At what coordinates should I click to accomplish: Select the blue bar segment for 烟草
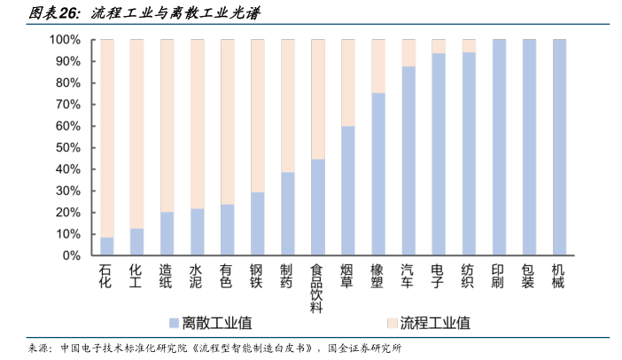coord(348,191)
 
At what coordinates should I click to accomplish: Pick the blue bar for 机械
coord(559,147)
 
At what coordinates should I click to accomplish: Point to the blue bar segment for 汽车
coord(408,160)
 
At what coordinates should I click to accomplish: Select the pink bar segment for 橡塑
coord(378,67)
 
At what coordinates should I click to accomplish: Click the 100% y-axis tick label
coord(65,40)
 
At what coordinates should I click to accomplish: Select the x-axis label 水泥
coord(197,276)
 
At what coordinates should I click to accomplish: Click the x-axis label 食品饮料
coord(317,288)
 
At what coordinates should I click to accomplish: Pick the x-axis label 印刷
coord(499,276)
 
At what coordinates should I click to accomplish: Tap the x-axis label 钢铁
coord(257,276)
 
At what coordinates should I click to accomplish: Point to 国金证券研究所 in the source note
coord(364,348)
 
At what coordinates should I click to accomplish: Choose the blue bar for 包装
coord(529,147)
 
